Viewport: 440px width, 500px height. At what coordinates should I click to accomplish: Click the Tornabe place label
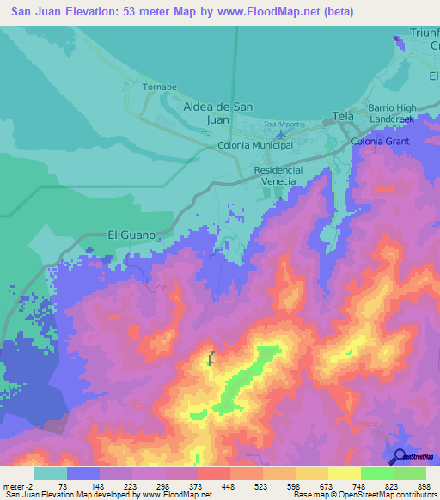pyautogui.click(x=159, y=88)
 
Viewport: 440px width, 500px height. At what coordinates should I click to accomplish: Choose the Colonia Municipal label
pyautogui.click(x=255, y=145)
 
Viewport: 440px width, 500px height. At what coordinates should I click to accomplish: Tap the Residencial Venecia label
pyautogui.click(x=278, y=176)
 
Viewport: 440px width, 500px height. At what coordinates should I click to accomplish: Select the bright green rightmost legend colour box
pyautogui.click(x=409, y=473)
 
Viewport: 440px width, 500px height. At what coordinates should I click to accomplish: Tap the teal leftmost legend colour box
pyautogui.click(x=51, y=473)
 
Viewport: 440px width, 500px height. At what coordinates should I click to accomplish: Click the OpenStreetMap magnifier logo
pyautogui.click(x=398, y=456)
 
